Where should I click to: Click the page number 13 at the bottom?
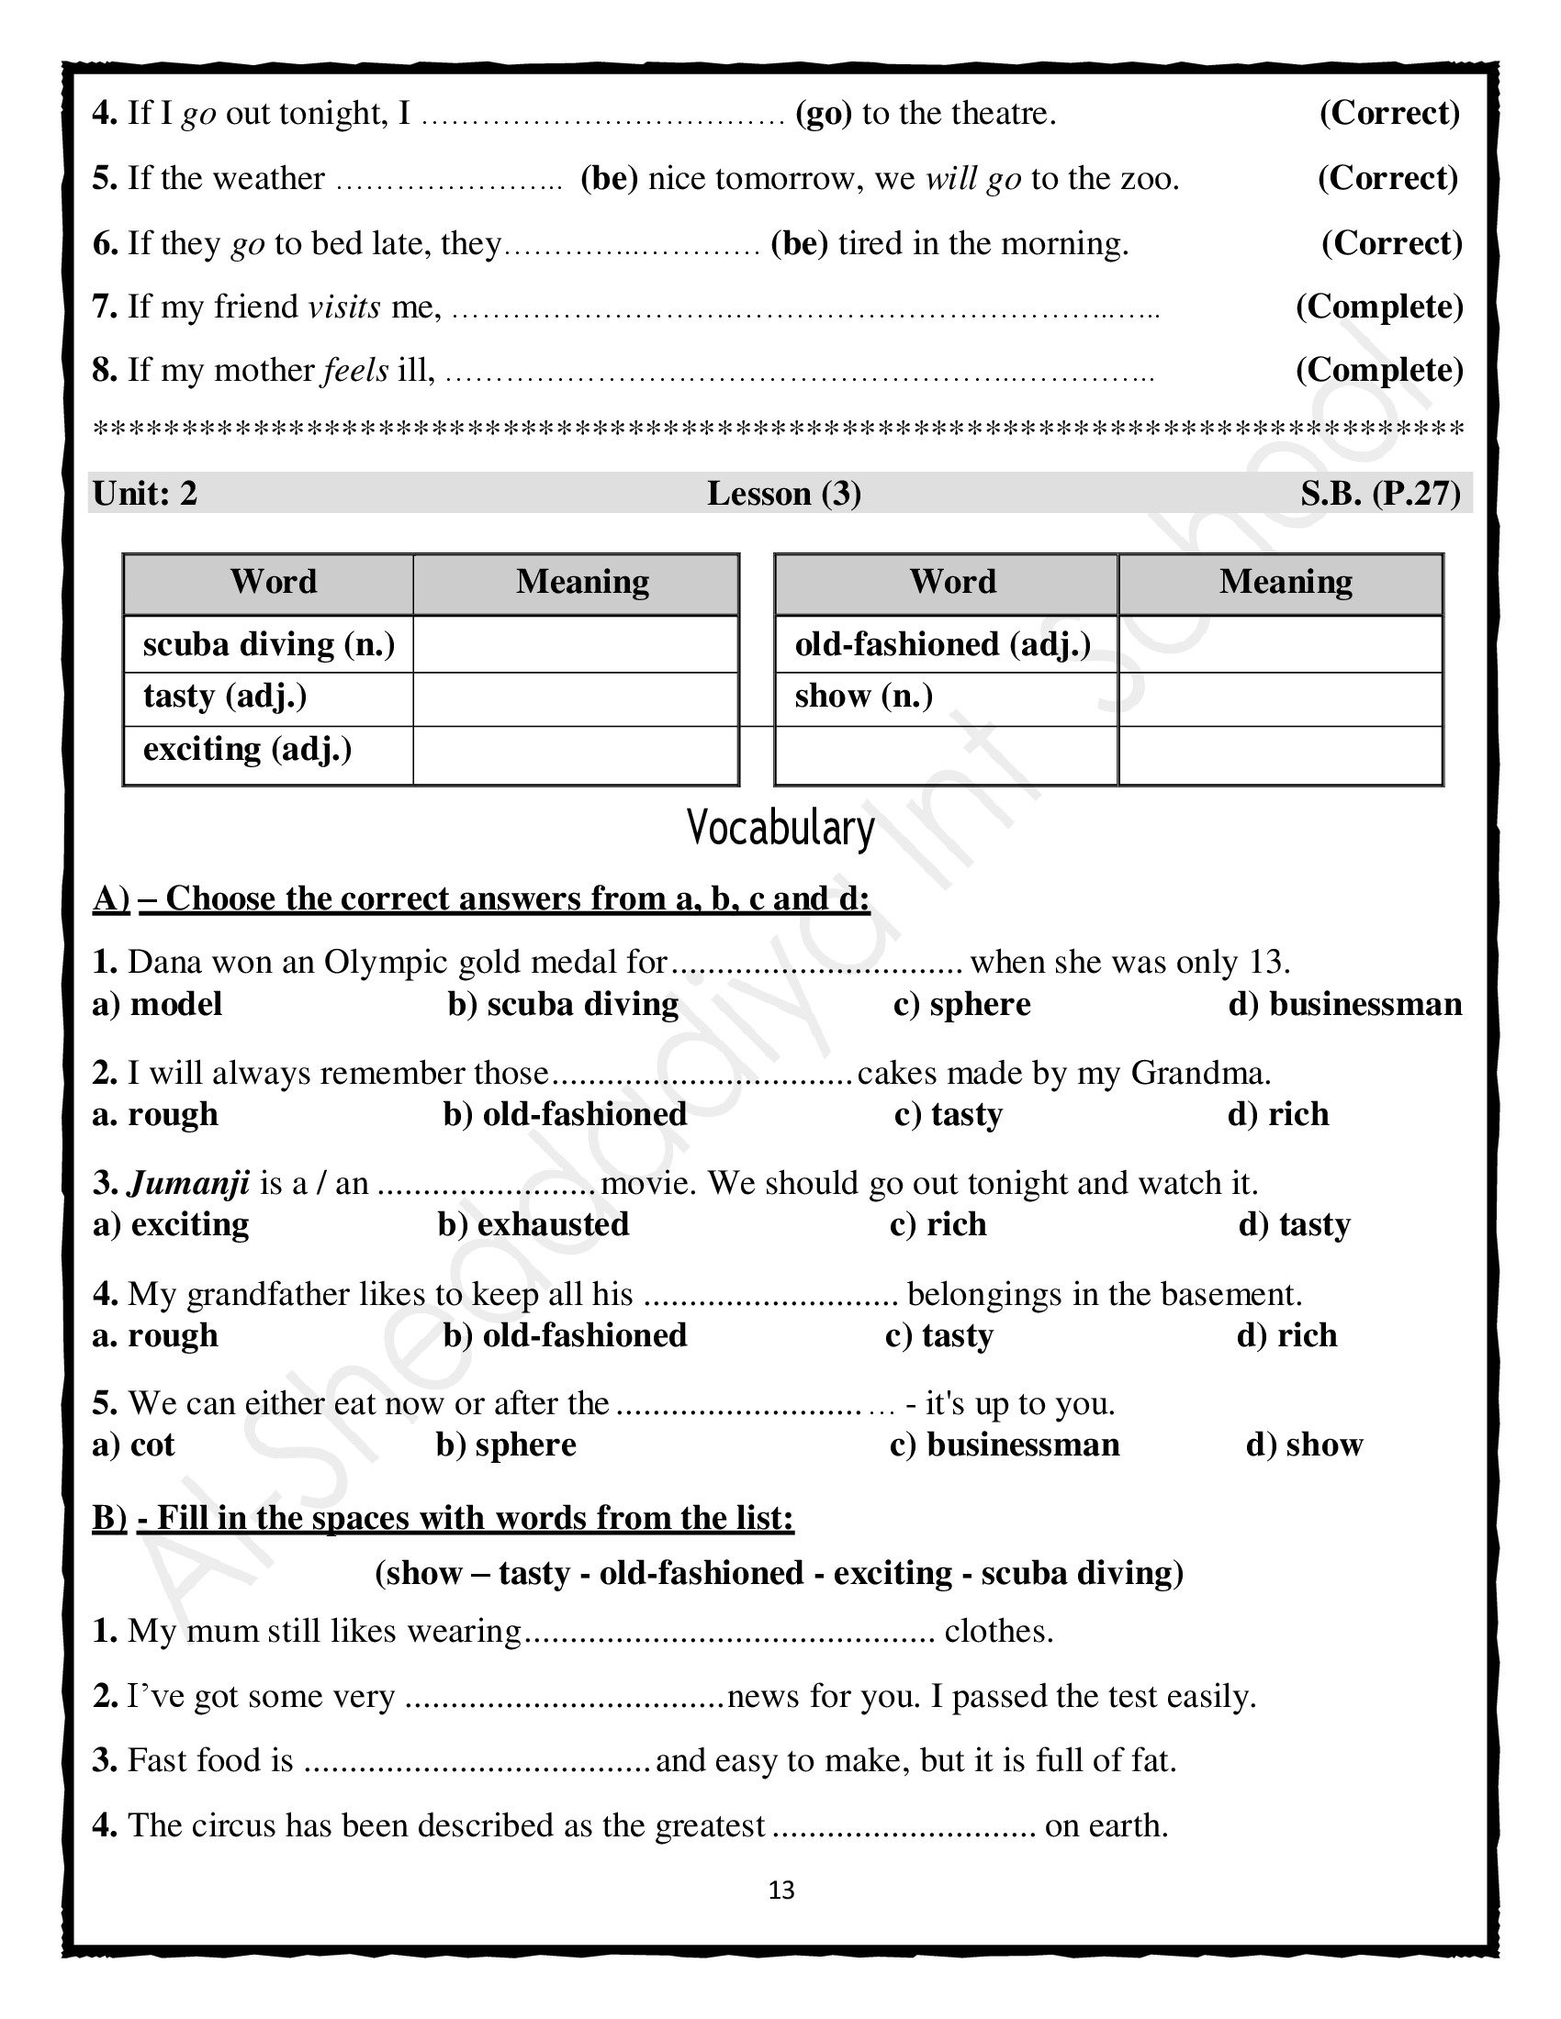click(x=781, y=1891)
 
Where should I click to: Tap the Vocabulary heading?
click(x=780, y=829)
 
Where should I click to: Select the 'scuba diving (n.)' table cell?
click(x=268, y=644)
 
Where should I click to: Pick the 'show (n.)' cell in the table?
click(x=864, y=697)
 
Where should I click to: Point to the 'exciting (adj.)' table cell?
click(x=248, y=749)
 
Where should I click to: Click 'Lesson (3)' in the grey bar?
click(x=784, y=494)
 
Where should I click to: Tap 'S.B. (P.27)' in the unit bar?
click(x=1380, y=494)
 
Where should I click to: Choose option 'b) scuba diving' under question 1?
click(x=563, y=1004)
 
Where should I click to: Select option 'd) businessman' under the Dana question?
click(x=1345, y=1004)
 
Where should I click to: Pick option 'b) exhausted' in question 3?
click(x=533, y=1225)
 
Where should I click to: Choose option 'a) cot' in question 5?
click(x=134, y=1445)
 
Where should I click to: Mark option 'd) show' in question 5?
click(x=1304, y=1445)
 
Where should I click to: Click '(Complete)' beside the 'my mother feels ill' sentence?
click(x=1379, y=371)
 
